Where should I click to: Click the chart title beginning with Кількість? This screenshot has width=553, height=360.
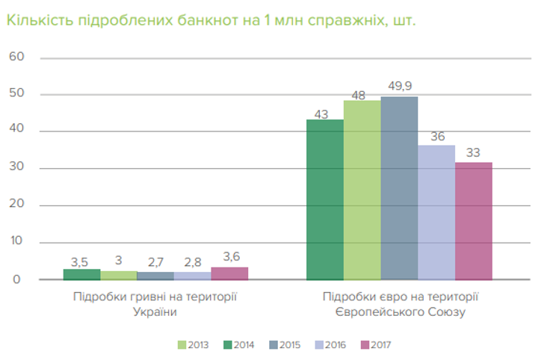click(x=211, y=20)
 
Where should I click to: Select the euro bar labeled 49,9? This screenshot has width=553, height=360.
click(x=399, y=187)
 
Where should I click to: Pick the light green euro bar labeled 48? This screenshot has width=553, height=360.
click(x=362, y=190)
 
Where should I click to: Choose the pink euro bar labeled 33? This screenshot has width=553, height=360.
click(x=473, y=220)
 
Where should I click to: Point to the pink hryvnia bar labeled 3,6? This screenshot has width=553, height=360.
click(x=229, y=273)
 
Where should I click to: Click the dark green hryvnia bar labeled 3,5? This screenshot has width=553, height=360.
click(x=81, y=275)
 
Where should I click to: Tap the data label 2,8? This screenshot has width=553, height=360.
click(x=192, y=262)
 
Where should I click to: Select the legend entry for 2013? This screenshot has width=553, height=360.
click(x=193, y=345)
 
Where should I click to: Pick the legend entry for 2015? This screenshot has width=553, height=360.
click(x=285, y=345)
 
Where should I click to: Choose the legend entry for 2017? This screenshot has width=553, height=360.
click(x=376, y=345)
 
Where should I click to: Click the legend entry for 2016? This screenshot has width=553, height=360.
click(x=330, y=345)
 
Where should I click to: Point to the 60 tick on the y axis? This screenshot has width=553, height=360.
click(x=17, y=58)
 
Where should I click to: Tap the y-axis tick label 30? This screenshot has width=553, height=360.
click(x=17, y=168)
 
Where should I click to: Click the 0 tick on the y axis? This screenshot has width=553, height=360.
click(x=21, y=279)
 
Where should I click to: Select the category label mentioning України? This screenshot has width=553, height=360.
click(x=155, y=304)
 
